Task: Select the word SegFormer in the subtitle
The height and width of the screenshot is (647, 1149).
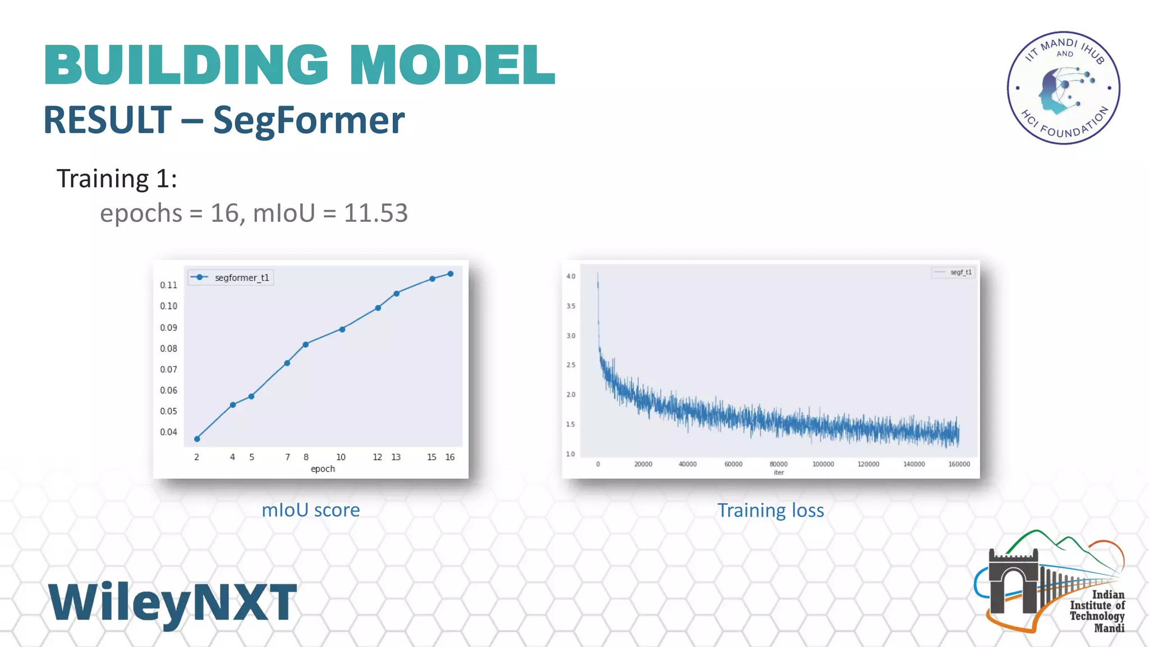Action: pyautogui.click(x=309, y=120)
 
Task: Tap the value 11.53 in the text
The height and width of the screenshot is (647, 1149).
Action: pyautogui.click(x=375, y=213)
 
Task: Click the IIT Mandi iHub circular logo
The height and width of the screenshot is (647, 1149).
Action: pyautogui.click(x=1063, y=88)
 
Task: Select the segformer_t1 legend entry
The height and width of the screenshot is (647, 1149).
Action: pyautogui.click(x=231, y=277)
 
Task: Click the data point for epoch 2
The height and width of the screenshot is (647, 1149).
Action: pyautogui.click(x=197, y=439)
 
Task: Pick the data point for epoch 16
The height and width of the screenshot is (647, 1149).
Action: pyautogui.click(x=451, y=274)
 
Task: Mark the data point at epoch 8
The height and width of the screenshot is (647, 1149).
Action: pyautogui.click(x=306, y=344)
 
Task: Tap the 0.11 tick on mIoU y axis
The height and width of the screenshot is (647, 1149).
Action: pyautogui.click(x=168, y=285)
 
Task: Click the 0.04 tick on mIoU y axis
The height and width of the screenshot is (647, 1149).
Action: pyautogui.click(x=168, y=432)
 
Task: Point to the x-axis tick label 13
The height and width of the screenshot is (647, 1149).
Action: pyautogui.click(x=396, y=457)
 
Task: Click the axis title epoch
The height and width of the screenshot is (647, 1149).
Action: pyautogui.click(x=323, y=469)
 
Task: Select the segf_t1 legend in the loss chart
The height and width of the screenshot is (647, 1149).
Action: pyautogui.click(x=953, y=272)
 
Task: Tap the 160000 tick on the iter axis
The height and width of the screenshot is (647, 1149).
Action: pyautogui.click(x=959, y=464)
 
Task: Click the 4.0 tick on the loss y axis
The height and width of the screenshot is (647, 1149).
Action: pyautogui.click(x=571, y=276)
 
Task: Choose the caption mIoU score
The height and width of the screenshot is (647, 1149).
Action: pyautogui.click(x=311, y=510)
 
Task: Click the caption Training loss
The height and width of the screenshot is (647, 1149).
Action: pyautogui.click(x=770, y=511)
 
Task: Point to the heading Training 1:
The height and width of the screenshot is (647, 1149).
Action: pyautogui.click(x=117, y=179)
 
